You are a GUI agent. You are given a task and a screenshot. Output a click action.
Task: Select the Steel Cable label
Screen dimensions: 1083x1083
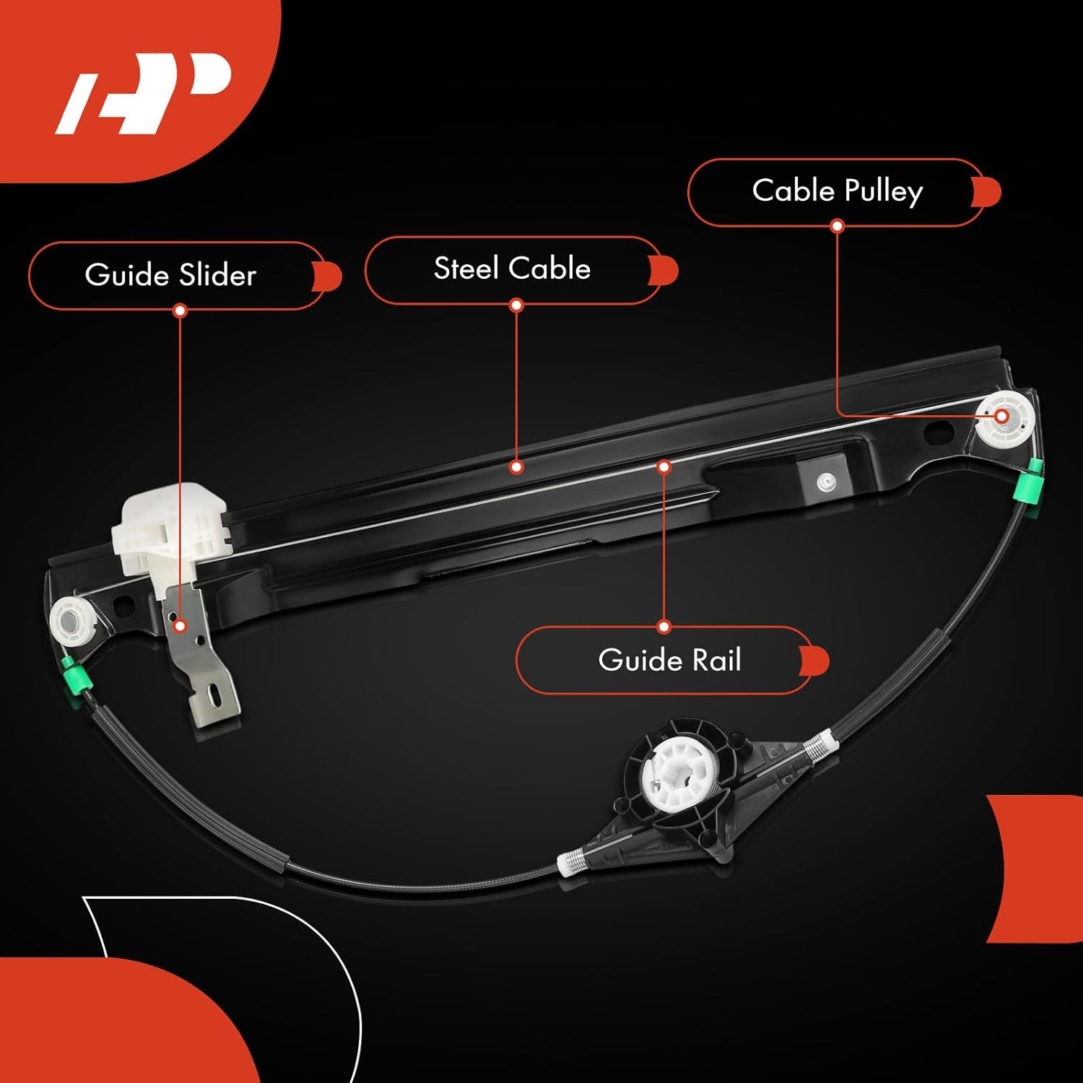pyautogui.click(x=512, y=269)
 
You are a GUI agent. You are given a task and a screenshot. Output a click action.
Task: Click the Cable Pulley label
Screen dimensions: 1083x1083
pyautogui.click(x=837, y=191)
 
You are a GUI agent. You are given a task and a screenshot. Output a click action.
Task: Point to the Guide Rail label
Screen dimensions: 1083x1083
pyautogui.click(x=669, y=660)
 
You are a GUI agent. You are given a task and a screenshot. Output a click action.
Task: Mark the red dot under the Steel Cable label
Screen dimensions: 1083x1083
pyautogui.click(x=516, y=305)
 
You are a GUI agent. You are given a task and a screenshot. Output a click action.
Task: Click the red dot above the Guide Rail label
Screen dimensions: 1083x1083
pyautogui.click(x=664, y=627)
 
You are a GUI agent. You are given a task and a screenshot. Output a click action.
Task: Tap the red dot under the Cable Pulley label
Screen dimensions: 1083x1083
pyautogui.click(x=837, y=226)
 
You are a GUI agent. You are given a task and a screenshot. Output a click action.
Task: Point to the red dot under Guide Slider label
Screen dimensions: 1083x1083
pyautogui.click(x=180, y=311)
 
